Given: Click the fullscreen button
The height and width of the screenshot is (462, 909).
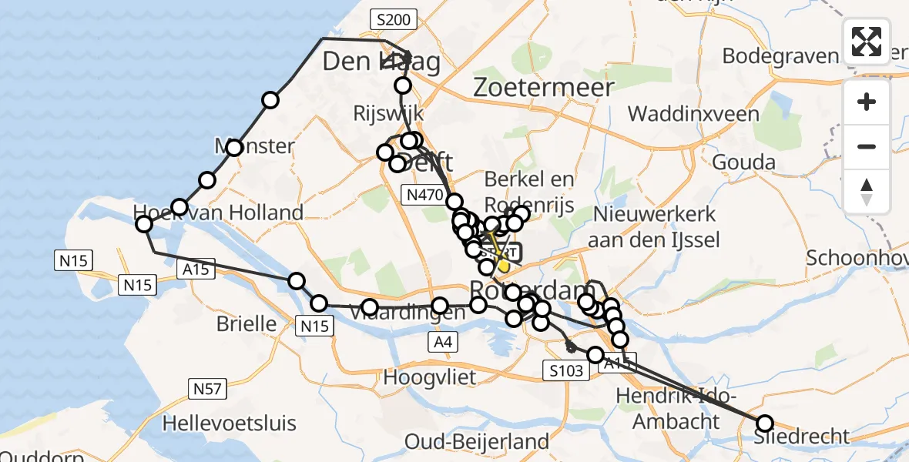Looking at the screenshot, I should tap(867, 42).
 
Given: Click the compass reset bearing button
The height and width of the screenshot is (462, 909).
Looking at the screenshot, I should tap(867, 190).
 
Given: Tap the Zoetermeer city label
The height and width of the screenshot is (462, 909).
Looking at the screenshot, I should tap(544, 86).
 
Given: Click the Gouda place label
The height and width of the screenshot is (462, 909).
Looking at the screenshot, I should tap(743, 162).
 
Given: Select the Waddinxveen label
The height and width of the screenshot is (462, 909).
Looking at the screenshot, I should tap(693, 115).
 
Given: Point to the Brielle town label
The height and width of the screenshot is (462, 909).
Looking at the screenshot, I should tap(247, 323).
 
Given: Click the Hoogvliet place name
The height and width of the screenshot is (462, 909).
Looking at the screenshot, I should tap(430, 377).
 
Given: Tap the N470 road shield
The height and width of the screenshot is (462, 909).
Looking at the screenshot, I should tap(424, 196).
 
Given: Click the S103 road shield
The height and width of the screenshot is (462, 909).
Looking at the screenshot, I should tap(565, 370).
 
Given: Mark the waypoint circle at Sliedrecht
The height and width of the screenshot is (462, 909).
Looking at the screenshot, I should tap(764, 423).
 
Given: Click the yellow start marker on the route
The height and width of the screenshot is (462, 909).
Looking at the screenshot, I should tap(504, 266).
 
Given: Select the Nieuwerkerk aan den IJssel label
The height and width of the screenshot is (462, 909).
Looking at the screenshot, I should tap(652, 226).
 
